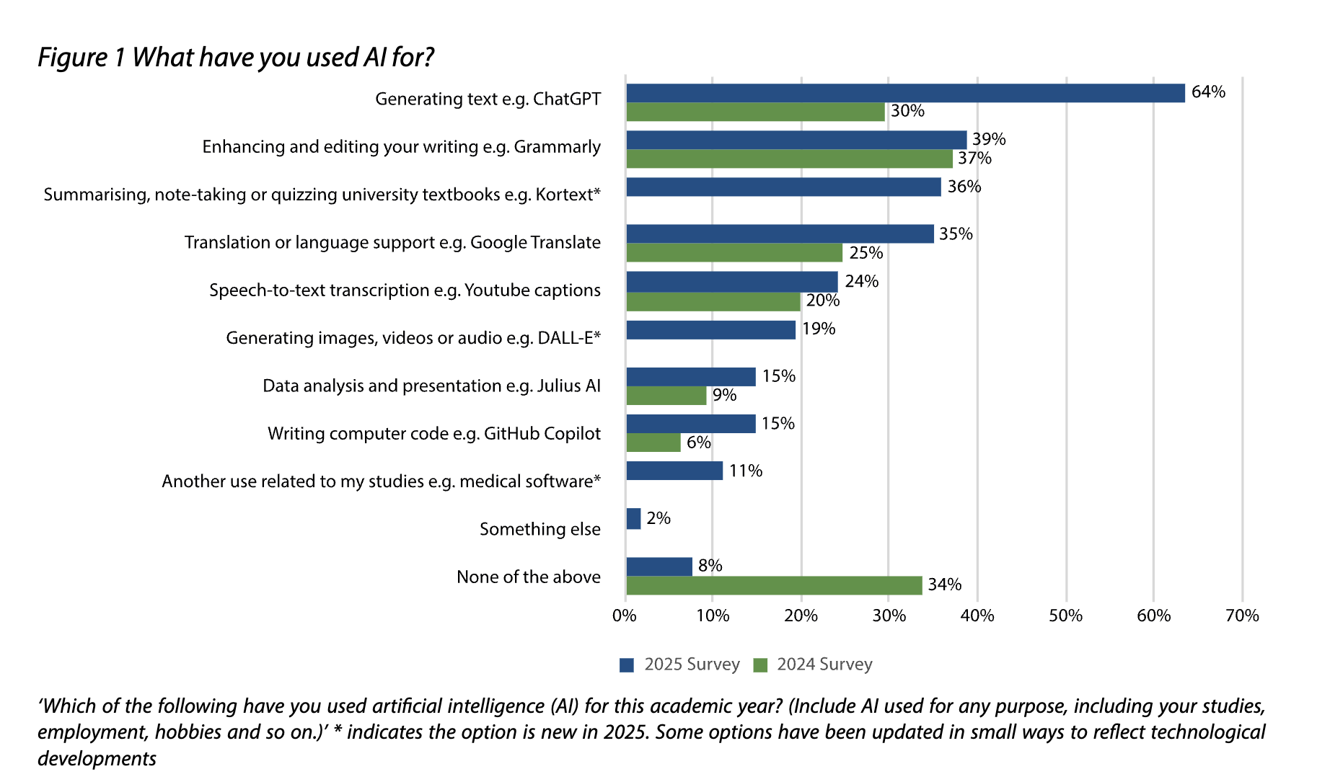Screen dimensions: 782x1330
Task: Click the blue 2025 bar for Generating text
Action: [x=905, y=93]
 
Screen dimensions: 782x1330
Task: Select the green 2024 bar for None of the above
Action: [x=774, y=585]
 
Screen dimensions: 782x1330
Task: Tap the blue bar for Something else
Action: [x=633, y=518]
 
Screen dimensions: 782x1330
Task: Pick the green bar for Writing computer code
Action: [x=653, y=443]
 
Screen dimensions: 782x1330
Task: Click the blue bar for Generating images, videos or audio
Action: [x=710, y=329]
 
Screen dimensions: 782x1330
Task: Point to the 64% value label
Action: [x=1208, y=92]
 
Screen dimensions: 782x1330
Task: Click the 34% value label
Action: [x=944, y=585]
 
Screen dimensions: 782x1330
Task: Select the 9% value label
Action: [x=724, y=395]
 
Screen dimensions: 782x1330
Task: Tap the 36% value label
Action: [x=964, y=187]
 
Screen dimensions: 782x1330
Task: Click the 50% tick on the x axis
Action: [x=1065, y=616]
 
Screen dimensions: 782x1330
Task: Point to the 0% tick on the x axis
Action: [x=625, y=616]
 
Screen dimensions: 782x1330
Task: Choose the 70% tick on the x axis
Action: [x=1242, y=616]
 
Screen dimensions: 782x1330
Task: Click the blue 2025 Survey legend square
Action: [x=627, y=665]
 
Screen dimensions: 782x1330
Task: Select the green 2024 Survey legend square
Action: [x=759, y=665]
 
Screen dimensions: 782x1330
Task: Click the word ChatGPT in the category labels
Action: [x=566, y=99]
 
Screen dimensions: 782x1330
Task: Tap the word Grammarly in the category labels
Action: [x=557, y=147]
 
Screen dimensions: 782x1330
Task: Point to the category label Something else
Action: [x=540, y=529]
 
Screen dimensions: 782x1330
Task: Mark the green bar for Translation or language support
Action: [x=734, y=253]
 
